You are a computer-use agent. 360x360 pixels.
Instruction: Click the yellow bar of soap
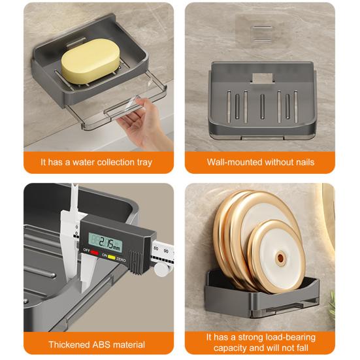coord(90,61)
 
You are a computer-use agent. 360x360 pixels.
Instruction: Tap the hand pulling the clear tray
coord(144,122)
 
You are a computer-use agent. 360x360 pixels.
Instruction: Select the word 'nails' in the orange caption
coord(305,162)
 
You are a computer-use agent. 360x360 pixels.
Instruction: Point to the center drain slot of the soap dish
coord(262,106)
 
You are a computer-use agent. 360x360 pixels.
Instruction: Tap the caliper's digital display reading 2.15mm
coord(106,242)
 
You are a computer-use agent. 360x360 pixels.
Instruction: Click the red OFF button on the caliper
coord(94,253)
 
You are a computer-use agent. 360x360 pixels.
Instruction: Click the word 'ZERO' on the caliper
coord(121,259)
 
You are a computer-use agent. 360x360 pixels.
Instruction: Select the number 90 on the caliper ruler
coord(166,251)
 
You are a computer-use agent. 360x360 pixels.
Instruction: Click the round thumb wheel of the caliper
coord(162,269)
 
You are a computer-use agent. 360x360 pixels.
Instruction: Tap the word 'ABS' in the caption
coord(102,344)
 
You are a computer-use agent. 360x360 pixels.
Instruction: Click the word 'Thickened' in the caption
coord(69,344)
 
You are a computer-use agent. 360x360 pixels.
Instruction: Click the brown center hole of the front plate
coord(280,257)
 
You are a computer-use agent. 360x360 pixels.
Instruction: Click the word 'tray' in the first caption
coord(144,163)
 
